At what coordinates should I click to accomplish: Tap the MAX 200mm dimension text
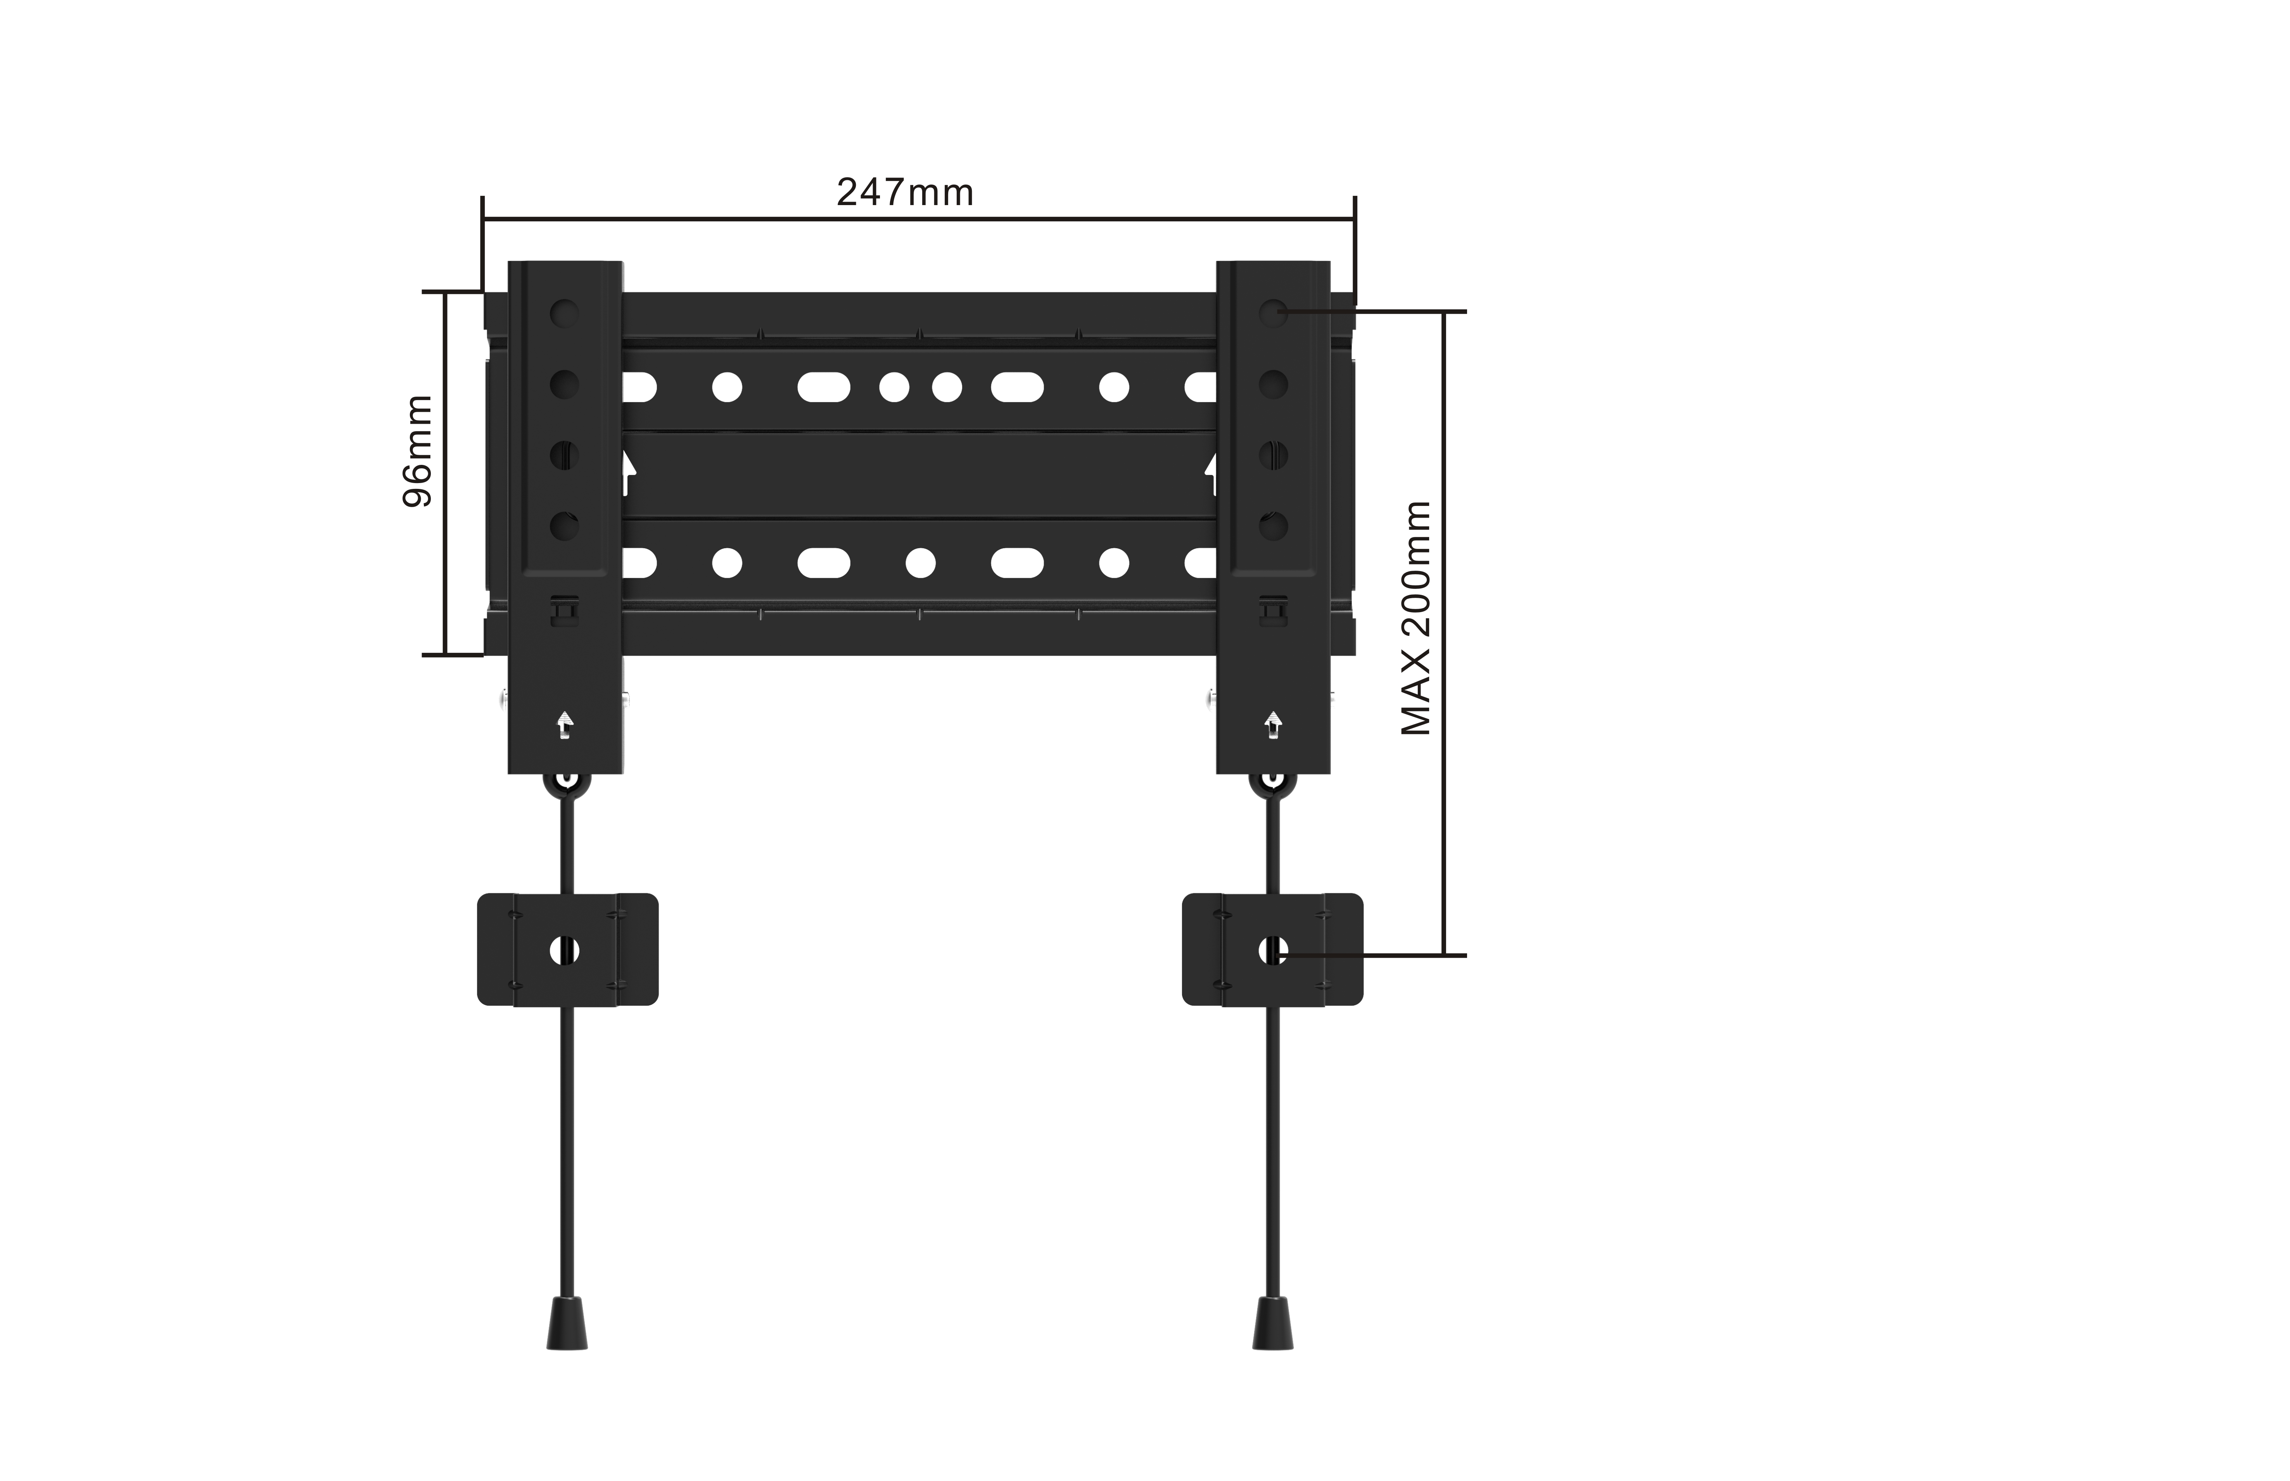click(x=1416, y=618)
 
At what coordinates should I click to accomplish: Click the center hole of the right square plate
click(x=1272, y=950)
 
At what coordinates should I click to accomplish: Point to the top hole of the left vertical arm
click(x=565, y=312)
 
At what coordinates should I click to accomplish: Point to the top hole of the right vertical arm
click(x=1272, y=312)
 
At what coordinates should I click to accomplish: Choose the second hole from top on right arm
click(x=1272, y=384)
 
